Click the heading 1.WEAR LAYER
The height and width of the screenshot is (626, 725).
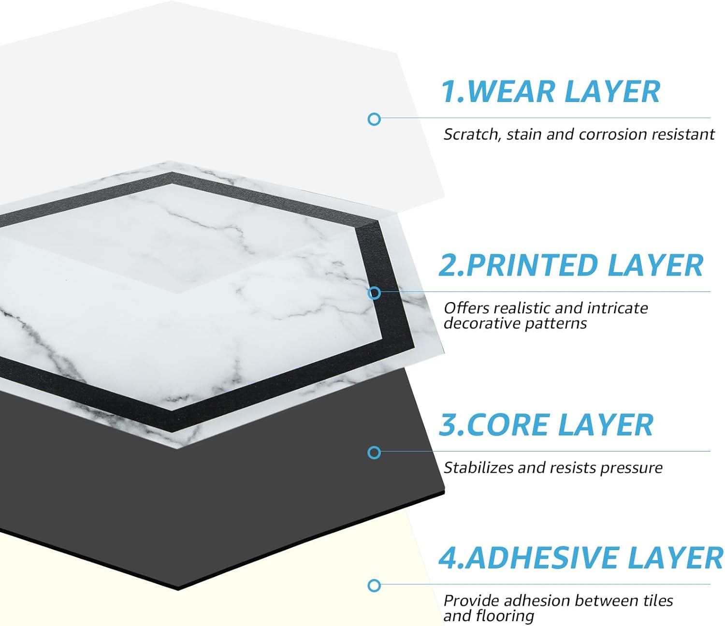pos(550,91)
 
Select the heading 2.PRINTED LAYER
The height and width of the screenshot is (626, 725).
pos(571,265)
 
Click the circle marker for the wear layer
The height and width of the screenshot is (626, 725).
pos(374,119)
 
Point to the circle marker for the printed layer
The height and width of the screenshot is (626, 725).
pos(374,293)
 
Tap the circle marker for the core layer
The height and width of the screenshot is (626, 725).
pos(374,452)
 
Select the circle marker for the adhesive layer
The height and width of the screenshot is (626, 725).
pos(374,585)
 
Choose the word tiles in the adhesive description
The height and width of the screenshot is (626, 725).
pos(658,601)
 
